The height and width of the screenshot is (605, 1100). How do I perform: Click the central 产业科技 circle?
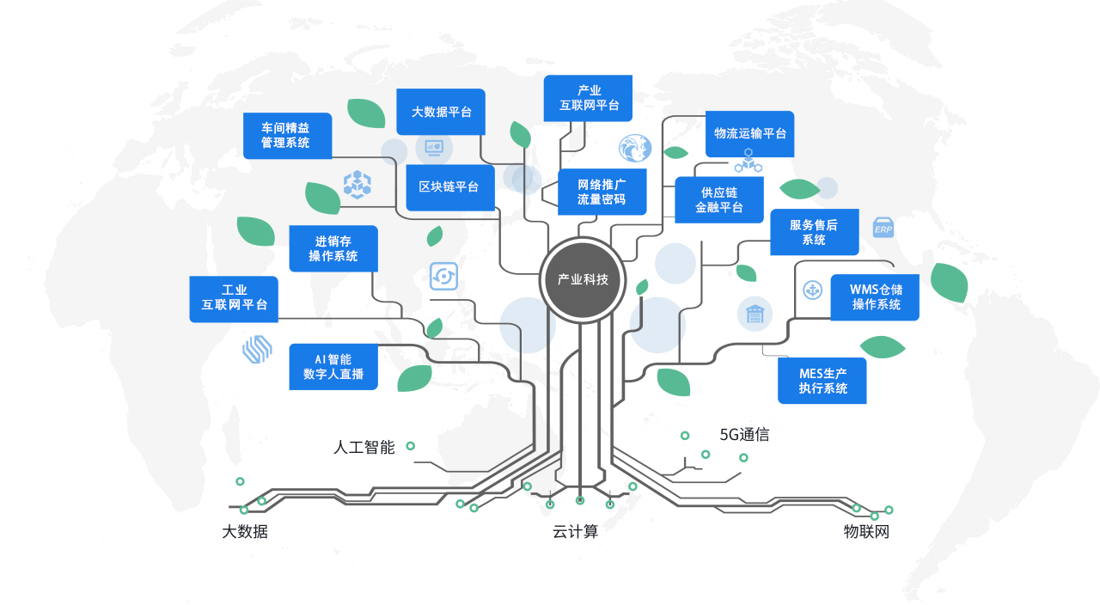coord(583,279)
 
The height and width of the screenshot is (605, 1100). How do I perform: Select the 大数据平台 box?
coord(441,112)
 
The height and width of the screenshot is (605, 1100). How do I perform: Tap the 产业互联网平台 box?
coord(589,98)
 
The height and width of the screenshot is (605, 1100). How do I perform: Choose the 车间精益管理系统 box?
coord(287,135)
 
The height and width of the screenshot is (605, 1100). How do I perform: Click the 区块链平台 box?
coord(449,187)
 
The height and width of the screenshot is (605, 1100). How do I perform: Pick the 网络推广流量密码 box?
coord(602,192)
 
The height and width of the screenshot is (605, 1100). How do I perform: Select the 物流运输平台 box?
coord(749,134)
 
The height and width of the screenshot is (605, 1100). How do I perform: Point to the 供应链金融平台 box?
coord(719,200)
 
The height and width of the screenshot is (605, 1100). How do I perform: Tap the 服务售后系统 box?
coord(814,232)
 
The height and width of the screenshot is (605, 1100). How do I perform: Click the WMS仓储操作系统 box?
coord(875,297)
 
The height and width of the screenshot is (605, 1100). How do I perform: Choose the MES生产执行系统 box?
coord(822,381)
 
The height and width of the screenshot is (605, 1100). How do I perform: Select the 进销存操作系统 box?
coord(333,248)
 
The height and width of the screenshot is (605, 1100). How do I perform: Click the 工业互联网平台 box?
coord(234,298)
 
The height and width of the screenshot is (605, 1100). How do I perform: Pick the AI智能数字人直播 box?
coord(333,366)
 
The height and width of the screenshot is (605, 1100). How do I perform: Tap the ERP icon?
coord(883,228)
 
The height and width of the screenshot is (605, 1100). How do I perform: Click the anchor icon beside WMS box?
coord(812,290)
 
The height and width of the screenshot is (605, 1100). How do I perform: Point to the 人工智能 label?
coord(364,448)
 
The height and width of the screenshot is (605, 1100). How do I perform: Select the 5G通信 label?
coord(744,435)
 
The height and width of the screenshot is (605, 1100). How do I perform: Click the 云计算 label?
coord(575,532)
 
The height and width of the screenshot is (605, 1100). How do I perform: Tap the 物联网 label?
coord(866,532)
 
